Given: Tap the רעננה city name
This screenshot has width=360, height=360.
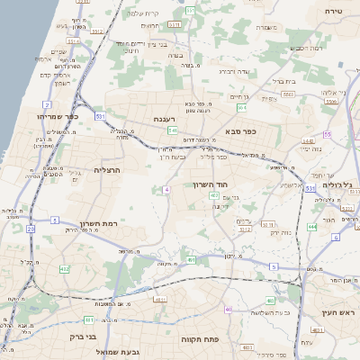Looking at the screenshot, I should (x=165, y=118).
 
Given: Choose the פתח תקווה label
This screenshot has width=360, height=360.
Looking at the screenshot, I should (x=216, y=343).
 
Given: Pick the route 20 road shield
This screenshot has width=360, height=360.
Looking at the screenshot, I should (x=31, y=229).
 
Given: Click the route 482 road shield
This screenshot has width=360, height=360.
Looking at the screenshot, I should (x=64, y=268).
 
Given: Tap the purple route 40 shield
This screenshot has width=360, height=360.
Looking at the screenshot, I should (x=229, y=310).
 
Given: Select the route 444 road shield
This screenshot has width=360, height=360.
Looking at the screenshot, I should (x=312, y=228).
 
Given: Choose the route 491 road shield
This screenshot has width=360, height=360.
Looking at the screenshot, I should (x=192, y=260).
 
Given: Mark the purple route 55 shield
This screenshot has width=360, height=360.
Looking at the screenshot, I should (x=328, y=134).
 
